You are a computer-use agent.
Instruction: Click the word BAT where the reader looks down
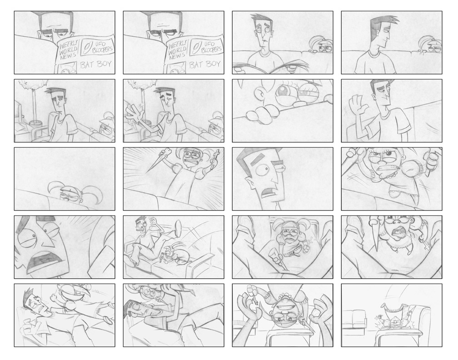[x=86, y=65]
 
